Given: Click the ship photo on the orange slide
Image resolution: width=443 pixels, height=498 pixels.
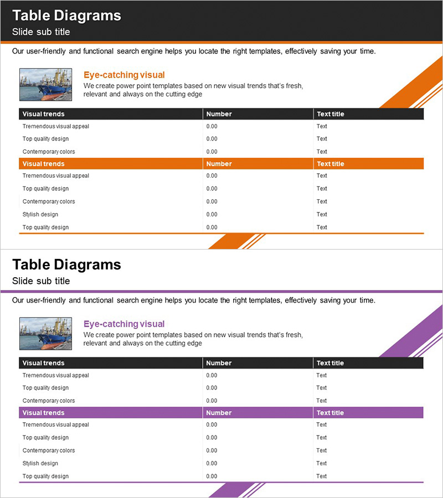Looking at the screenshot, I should [45, 84].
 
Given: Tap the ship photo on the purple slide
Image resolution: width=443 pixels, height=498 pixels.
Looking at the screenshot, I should [45, 333].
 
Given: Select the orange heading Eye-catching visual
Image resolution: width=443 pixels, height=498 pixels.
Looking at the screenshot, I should [124, 75].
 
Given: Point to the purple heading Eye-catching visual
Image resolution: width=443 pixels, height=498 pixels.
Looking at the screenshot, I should [124, 324].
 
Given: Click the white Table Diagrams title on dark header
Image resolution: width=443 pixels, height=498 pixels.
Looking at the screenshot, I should [66, 15].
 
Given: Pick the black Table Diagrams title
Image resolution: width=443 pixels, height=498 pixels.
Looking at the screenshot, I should [66, 264].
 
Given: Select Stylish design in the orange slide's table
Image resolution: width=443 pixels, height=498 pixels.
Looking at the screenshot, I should [40, 214].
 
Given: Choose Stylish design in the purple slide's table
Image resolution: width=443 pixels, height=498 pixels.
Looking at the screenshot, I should [40, 463].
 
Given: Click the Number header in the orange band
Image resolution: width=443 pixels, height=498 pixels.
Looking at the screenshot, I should [219, 164].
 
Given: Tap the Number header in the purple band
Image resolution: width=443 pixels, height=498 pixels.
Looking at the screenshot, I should [219, 413].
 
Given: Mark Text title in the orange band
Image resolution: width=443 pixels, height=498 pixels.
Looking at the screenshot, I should [330, 164].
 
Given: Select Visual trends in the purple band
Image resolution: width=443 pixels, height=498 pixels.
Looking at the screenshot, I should [43, 413].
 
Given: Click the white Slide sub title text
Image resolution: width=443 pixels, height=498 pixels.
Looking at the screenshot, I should [41, 32].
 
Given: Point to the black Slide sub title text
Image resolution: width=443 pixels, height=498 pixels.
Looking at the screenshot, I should [41, 281].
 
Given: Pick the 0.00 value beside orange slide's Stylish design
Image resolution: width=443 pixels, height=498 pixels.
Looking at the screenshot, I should [212, 214].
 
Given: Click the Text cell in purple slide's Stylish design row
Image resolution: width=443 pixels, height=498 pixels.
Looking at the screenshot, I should [322, 463].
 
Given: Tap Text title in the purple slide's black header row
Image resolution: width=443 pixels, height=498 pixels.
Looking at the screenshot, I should [330, 363].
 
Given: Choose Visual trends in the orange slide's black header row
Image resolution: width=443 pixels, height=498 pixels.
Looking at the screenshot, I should [43, 114].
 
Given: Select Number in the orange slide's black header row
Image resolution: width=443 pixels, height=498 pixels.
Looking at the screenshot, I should [219, 114].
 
